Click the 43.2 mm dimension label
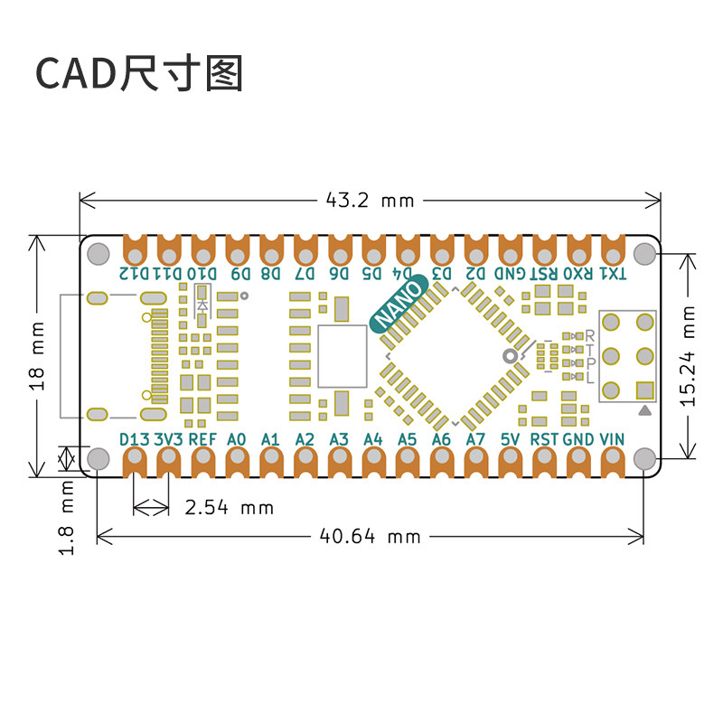[370, 201]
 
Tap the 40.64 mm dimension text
[370, 537]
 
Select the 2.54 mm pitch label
[230, 508]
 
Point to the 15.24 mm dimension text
[688, 356]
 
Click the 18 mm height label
[37, 356]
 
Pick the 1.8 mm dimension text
[67, 517]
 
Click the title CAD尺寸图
[139, 73]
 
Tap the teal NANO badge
[399, 304]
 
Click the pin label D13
[134, 439]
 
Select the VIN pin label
[613, 439]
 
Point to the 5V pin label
[510, 439]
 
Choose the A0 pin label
[237, 439]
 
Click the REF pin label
[202, 439]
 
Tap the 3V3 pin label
[168, 439]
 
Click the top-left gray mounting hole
[99, 254]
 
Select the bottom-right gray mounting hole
[644, 459]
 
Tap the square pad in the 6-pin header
[644, 390]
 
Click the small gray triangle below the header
[645, 410]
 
